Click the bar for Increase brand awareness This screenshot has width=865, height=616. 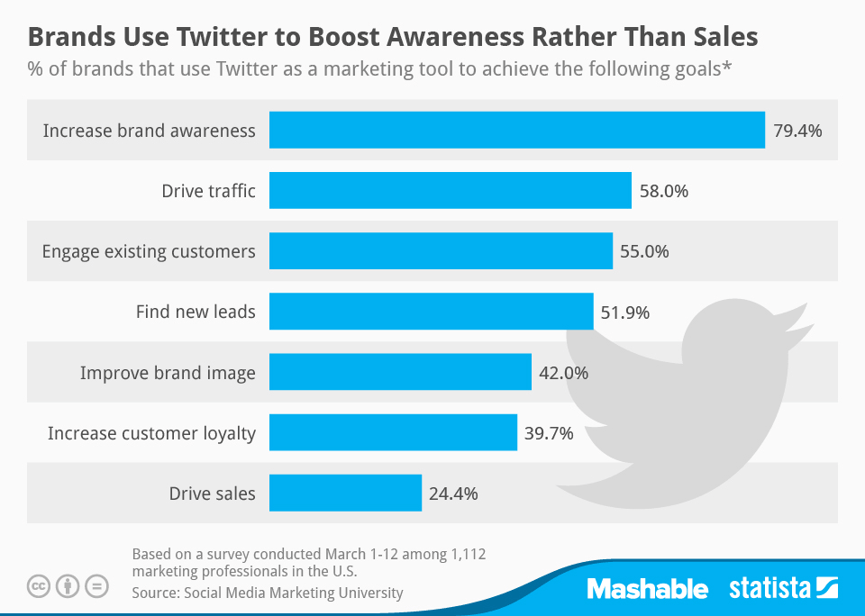516,131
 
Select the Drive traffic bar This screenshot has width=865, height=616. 450,191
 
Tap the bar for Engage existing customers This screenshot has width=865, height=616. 441,251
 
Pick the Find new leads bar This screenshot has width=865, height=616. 431,312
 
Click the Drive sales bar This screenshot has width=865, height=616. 345,494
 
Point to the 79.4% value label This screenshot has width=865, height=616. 797,131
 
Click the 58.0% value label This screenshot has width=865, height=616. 663,191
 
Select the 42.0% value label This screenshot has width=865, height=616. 563,373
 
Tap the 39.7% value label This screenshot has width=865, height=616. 549,433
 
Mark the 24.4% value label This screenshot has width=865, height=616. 453,494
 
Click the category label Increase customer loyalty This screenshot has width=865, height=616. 151,433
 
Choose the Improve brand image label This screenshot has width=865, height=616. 168,373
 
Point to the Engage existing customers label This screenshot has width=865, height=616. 149,251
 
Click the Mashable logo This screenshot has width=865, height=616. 647,589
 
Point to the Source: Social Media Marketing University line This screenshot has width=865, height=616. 267,593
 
